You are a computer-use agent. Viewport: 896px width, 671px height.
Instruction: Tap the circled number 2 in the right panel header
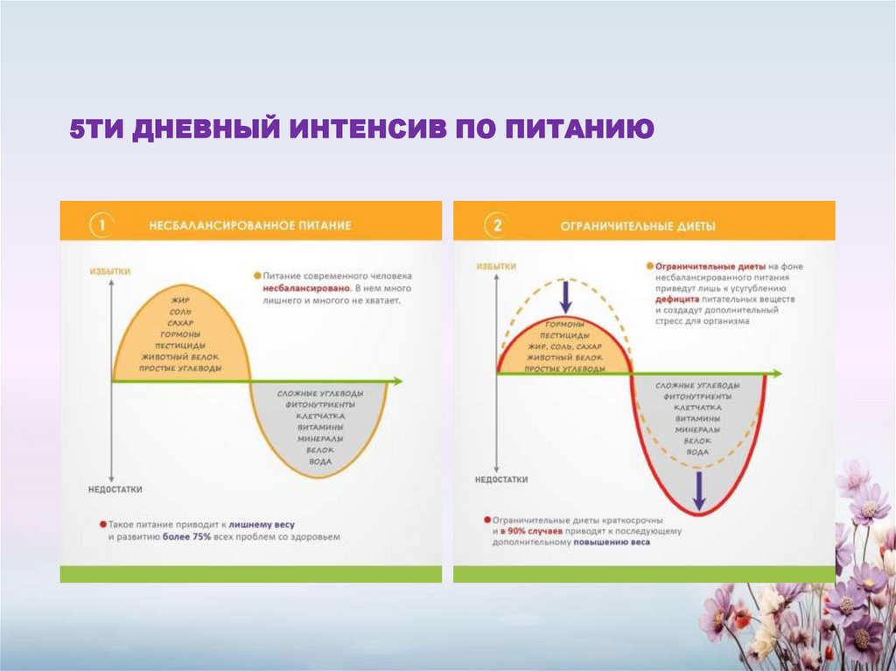coord(497,226)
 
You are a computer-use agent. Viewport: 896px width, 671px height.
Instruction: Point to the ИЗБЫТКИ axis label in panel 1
coord(110,272)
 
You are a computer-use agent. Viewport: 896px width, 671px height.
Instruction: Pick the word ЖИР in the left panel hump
coord(181,300)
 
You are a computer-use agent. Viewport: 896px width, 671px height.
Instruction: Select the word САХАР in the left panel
coord(181,323)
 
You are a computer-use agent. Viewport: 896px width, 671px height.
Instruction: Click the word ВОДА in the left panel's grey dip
coord(321,460)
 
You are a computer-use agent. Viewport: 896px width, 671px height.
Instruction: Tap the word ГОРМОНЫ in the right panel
coord(564,324)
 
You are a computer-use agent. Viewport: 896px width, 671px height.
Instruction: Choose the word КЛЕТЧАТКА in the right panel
coord(698,408)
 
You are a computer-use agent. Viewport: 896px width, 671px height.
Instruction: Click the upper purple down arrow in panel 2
coord(566,296)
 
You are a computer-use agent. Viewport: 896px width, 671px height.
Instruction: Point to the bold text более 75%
coord(185,537)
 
